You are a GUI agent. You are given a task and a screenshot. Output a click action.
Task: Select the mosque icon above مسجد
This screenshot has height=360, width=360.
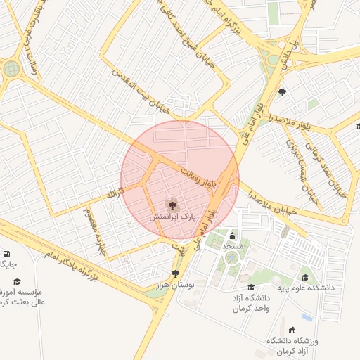(x=233, y=236)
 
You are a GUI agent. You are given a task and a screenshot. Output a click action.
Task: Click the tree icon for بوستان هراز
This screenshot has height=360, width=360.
(x=175, y=274)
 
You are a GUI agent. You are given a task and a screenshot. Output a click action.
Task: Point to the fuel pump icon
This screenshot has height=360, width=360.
(x=6, y=254)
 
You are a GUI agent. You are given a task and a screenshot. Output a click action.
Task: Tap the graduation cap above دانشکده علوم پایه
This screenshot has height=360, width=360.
(x=305, y=277)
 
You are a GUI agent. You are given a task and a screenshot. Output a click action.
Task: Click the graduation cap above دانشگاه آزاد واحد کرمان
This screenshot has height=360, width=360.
(x=251, y=287)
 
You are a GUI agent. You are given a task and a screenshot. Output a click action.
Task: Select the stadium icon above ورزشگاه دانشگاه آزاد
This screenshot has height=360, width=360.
(x=292, y=330)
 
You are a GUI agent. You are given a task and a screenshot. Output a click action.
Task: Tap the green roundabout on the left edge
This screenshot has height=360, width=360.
(x=11, y=69)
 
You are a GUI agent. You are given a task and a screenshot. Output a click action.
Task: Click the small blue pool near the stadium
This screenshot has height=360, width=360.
(x=307, y=317)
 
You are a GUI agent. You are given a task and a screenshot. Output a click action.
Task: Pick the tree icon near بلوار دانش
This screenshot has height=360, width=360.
(x=283, y=92)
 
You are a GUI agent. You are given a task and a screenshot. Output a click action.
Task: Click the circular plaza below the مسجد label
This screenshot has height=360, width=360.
(x=231, y=259)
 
